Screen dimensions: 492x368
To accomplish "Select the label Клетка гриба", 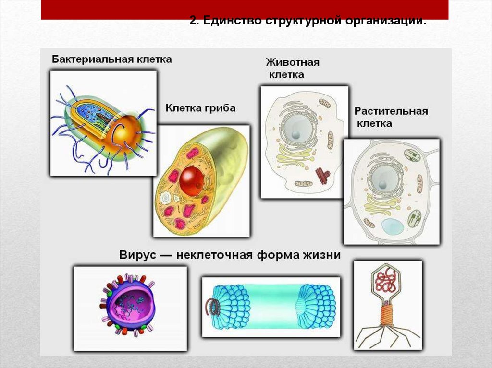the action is point(200,108).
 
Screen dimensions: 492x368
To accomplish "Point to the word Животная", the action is point(292,63).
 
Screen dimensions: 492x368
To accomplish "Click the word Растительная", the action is point(391,111).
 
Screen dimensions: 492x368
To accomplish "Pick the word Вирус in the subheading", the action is point(140,255).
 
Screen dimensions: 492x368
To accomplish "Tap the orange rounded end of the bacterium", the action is point(126,132).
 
